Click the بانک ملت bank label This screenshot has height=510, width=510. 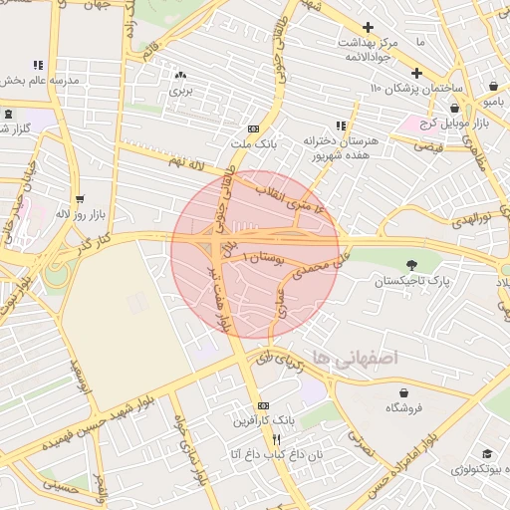click(252, 143)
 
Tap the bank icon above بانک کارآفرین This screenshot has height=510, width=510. click(263, 406)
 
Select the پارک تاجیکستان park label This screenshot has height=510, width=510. click(412, 282)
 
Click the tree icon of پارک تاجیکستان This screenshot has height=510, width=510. click(412, 265)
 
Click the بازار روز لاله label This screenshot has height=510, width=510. click(76, 213)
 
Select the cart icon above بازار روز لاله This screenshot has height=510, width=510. click(79, 197)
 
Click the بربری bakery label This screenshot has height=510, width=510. click(179, 91)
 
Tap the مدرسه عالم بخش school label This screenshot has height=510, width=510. click(38, 80)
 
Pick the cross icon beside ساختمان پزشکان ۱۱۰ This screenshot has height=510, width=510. click(416, 73)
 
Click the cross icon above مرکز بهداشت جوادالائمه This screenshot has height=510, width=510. click(369, 27)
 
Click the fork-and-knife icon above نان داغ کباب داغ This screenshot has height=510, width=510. click(278, 439)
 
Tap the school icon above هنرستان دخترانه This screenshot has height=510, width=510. click(341, 126)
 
